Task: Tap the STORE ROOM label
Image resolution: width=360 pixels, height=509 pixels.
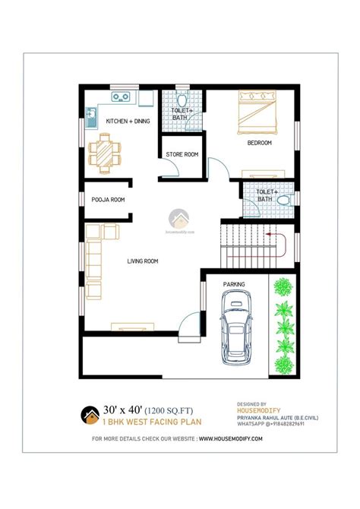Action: click(182, 155)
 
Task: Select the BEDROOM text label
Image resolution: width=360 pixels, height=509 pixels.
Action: click(259, 143)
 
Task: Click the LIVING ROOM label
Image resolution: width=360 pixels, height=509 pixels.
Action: click(142, 261)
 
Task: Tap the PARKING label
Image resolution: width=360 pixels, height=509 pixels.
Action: click(234, 284)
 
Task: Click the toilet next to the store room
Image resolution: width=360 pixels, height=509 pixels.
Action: click(182, 102)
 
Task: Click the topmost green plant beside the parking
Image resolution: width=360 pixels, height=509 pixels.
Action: click(283, 286)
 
